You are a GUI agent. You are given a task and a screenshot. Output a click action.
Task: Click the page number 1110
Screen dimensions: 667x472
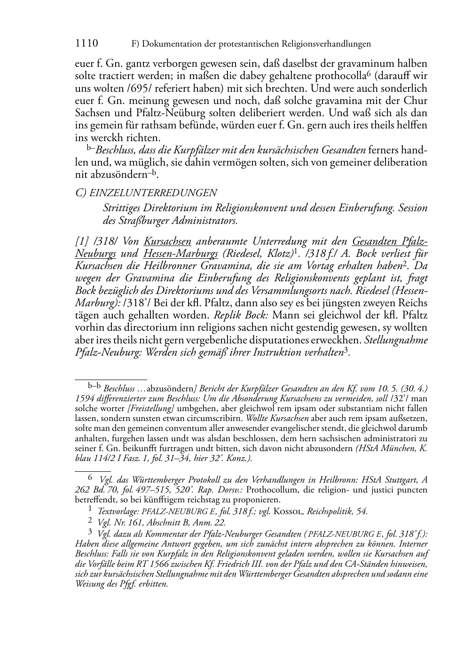(x=87, y=44)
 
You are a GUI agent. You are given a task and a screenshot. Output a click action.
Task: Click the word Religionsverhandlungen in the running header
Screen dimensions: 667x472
(x=326, y=44)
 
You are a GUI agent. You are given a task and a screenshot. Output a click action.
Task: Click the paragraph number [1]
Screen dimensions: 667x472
(x=82, y=242)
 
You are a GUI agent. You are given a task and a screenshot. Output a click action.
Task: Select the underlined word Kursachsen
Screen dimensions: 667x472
(x=167, y=242)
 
